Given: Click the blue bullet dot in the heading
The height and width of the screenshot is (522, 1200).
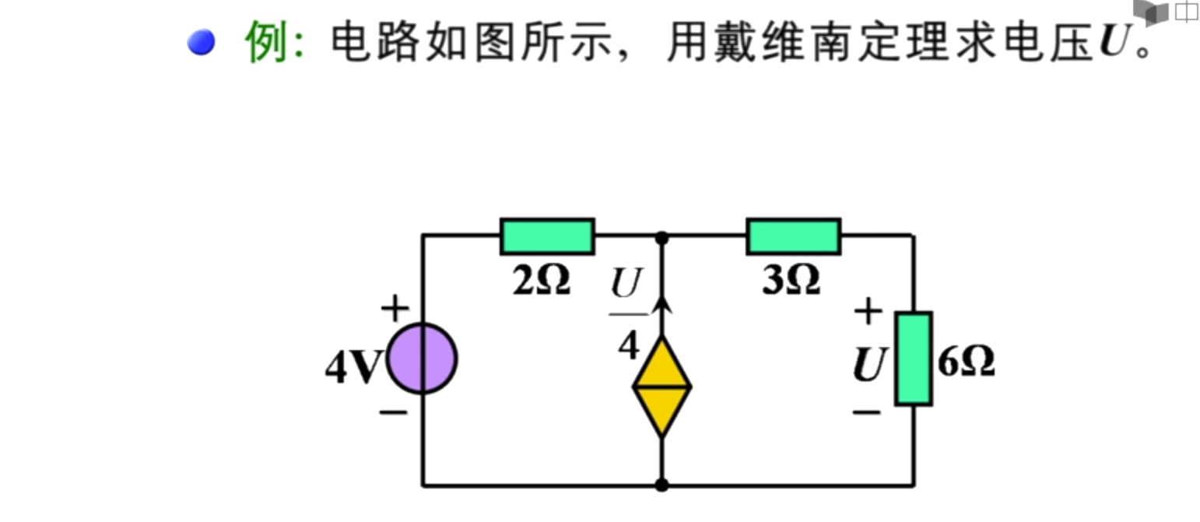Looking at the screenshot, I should (201, 42).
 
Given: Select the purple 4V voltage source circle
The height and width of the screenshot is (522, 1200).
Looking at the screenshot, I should (422, 359).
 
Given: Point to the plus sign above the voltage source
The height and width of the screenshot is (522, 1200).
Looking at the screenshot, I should (395, 310).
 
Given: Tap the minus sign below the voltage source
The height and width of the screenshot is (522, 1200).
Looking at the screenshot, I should (394, 411).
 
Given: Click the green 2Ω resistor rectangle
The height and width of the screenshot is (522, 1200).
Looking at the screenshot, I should (547, 236).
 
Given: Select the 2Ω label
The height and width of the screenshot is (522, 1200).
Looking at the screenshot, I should (541, 281).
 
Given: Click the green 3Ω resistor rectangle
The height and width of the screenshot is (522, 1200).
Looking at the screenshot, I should (793, 236).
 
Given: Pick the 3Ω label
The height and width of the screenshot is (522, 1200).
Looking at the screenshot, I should (791, 281).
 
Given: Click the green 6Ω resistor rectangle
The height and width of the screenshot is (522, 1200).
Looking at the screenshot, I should (913, 359).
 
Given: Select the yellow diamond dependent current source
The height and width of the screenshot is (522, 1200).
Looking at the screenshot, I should (661, 386).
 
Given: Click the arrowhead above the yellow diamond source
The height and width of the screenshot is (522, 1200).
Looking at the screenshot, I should (662, 303).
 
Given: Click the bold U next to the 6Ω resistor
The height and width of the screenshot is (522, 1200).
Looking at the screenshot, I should (870, 363).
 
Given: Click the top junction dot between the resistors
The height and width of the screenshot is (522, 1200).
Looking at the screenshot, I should (661, 236).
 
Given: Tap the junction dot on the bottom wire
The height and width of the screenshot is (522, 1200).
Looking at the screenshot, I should (661, 485).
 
